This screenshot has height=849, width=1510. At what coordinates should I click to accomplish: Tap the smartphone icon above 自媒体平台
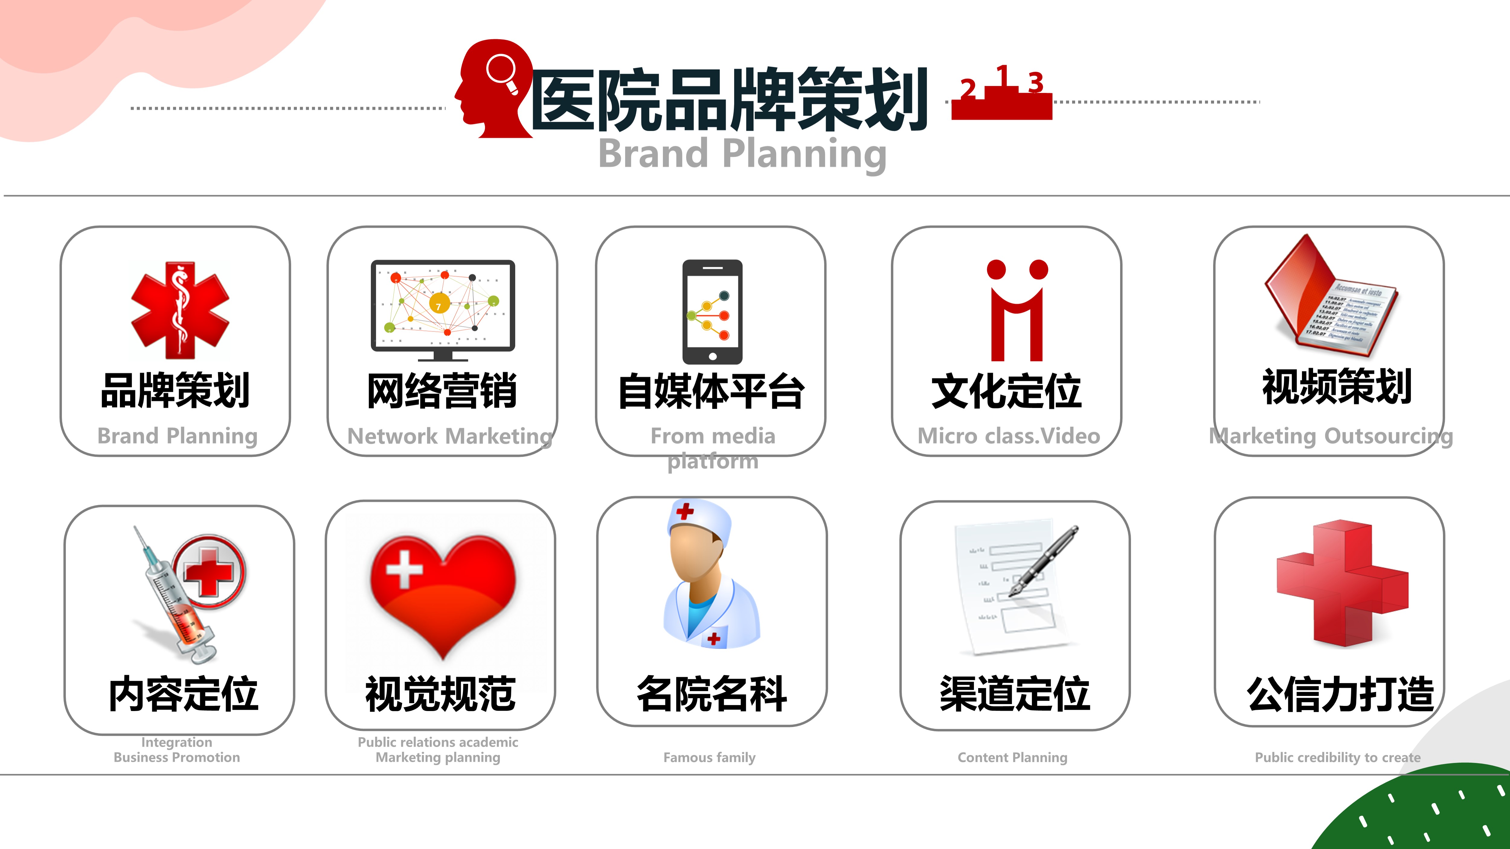712,312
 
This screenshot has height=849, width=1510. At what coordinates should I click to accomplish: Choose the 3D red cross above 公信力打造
1342,583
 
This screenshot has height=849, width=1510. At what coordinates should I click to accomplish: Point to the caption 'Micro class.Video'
1009,436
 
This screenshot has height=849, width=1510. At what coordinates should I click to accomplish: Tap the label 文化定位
1007,391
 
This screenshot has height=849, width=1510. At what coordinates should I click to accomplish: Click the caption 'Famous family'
709,758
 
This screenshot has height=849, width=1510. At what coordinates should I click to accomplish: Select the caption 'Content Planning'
1012,758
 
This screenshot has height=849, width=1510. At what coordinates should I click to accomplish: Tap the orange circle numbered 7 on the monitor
439,303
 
